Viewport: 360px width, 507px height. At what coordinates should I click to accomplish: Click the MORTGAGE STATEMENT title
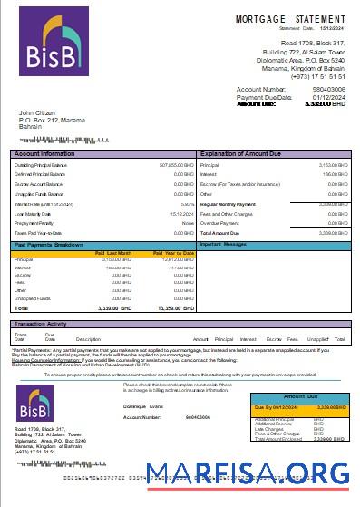coord(290,18)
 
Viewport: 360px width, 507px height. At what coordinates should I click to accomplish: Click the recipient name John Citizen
coord(39,112)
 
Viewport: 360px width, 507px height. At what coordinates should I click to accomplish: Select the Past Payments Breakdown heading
coord(49,245)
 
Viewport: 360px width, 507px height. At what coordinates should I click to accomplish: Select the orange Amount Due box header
coord(307,397)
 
